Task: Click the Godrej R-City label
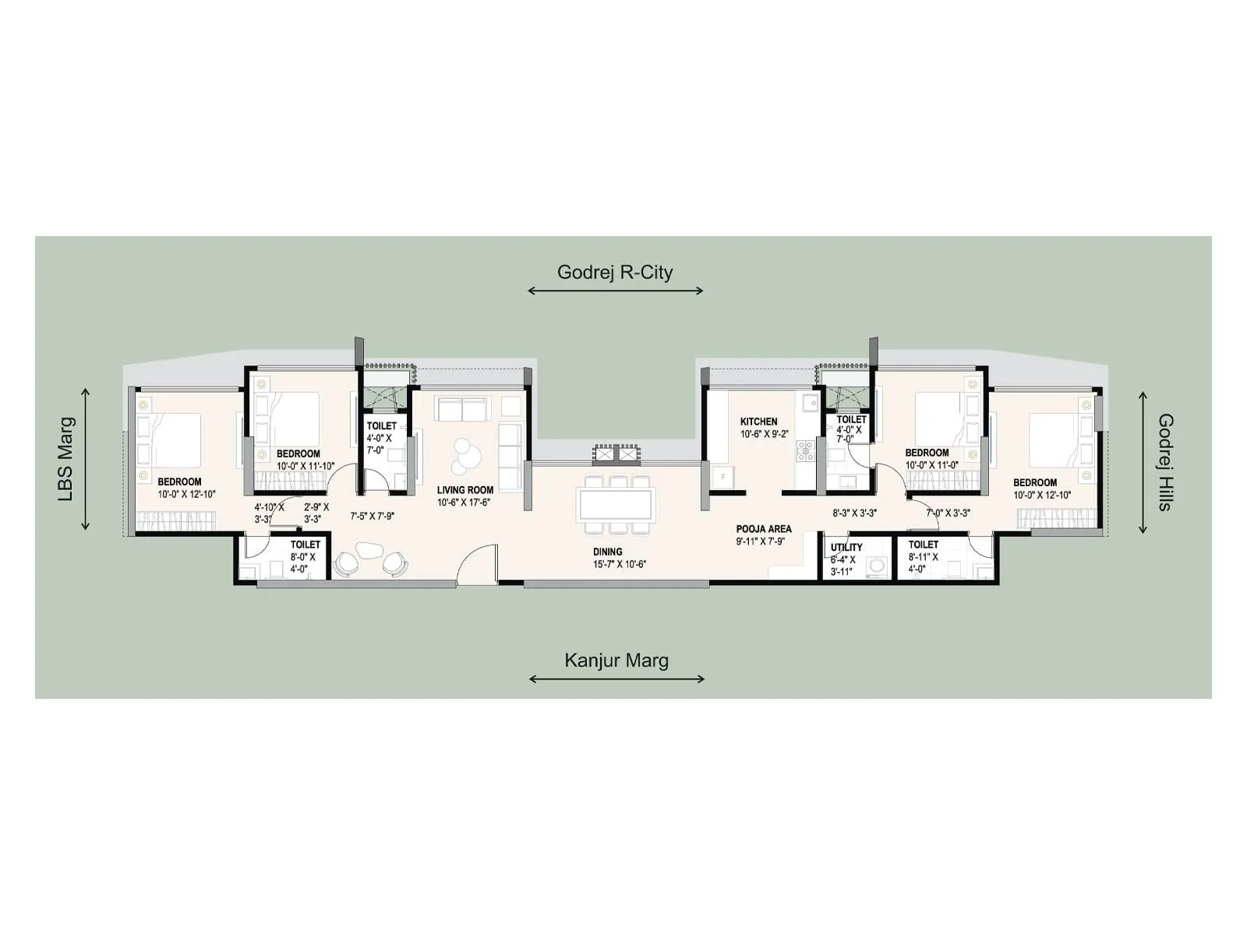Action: click(x=614, y=273)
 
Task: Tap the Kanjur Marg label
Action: click(x=616, y=661)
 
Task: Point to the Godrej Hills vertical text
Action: click(x=1164, y=462)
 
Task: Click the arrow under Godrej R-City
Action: click(x=615, y=291)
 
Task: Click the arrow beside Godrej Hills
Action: click(x=1143, y=462)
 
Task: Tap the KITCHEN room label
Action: click(x=758, y=422)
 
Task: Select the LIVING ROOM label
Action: click(x=465, y=490)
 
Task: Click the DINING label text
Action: click(x=607, y=552)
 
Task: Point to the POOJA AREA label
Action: click(x=763, y=528)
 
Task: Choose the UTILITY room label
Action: click(x=846, y=547)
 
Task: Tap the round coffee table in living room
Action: click(x=466, y=456)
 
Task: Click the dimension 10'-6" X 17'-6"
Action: click(x=465, y=503)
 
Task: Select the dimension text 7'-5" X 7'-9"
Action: click(x=372, y=516)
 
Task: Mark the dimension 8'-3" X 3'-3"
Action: click(x=854, y=513)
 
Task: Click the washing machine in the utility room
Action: click(x=878, y=566)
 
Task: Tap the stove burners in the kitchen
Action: click(x=804, y=450)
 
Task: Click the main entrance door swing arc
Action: click(x=477, y=563)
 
